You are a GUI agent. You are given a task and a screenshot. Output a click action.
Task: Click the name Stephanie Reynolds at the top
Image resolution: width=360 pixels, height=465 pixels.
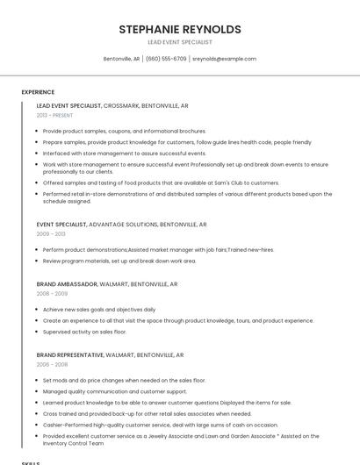[179, 29]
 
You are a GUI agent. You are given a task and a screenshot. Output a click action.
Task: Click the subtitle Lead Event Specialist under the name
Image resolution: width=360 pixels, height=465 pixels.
[179, 42]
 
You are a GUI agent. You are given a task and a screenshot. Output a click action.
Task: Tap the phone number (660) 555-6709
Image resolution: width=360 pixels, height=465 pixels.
[166, 59]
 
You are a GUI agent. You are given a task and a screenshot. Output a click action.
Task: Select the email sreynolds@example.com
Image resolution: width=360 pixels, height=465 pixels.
[224, 59]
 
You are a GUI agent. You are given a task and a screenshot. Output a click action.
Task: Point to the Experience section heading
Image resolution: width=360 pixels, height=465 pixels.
[38, 92]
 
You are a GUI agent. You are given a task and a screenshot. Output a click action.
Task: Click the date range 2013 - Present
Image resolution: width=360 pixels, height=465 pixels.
[54, 115]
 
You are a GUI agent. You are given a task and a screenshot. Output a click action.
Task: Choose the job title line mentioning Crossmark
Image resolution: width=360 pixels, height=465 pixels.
[112, 105]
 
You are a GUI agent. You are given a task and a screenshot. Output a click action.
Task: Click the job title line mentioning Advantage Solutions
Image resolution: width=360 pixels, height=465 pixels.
[121, 225]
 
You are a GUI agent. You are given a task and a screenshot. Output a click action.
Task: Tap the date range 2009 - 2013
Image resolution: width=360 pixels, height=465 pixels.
[51, 234]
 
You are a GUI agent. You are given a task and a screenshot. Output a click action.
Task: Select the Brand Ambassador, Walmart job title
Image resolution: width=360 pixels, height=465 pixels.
[106, 284]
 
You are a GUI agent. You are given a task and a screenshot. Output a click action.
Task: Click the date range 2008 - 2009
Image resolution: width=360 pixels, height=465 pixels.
[51, 294]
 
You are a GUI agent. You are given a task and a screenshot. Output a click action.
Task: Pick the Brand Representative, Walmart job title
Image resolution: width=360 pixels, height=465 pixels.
[110, 354]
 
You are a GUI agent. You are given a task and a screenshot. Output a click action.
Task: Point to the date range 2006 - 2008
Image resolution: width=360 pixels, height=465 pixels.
[51, 364]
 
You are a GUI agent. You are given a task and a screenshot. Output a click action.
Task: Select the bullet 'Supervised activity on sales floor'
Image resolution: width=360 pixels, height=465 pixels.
[84, 332]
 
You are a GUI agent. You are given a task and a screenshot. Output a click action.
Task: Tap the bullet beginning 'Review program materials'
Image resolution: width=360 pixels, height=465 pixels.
[119, 261]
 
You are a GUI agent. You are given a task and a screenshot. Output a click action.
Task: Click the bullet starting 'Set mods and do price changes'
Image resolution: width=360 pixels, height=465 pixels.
[124, 380]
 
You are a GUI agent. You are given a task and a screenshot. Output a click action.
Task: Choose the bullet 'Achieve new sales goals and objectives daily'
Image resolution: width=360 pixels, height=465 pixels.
[99, 309]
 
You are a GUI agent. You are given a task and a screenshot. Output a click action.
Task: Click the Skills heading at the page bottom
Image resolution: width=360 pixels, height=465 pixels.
[31, 461]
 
